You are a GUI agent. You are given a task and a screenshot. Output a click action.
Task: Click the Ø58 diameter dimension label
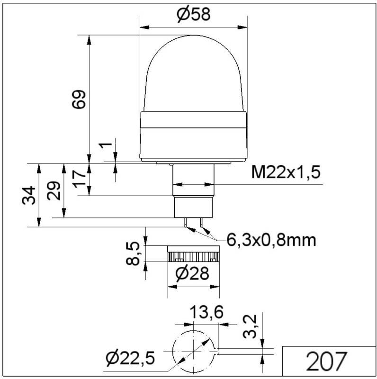point(193,15)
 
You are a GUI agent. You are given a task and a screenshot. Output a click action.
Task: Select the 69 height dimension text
point(80,99)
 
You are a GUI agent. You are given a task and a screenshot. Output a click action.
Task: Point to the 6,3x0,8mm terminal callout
point(271,240)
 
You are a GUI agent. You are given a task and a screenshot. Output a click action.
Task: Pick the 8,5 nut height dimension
point(135,254)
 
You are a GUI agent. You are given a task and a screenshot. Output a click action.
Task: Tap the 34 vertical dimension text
point(29,195)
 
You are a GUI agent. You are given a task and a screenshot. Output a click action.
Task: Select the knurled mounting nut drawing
point(193,256)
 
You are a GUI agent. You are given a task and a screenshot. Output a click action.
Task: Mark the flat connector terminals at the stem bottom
point(194,222)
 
